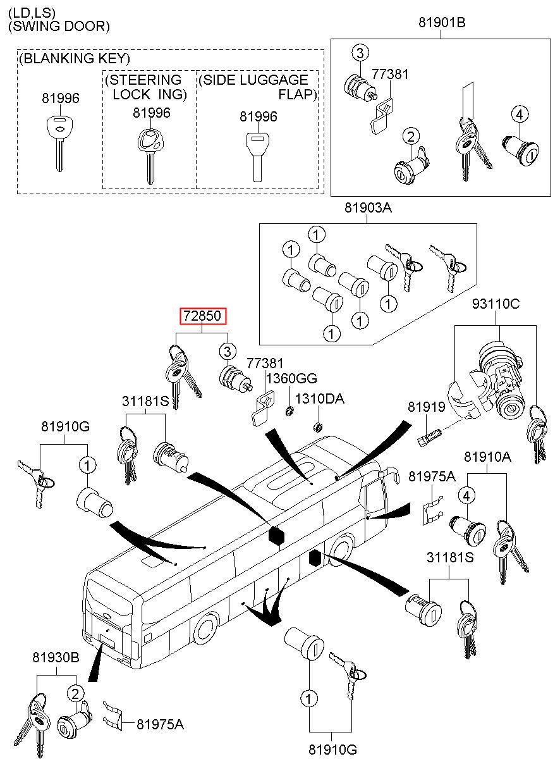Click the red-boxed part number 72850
pyautogui.click(x=203, y=316)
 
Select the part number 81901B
pyautogui.click(x=442, y=23)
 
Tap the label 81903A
pyautogui.click(x=368, y=207)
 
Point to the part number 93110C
pyautogui.click(x=496, y=304)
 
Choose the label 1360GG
pyautogui.click(x=291, y=378)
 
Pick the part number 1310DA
pyautogui.click(x=319, y=398)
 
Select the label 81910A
pyautogui.click(x=487, y=457)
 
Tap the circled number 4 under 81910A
pyautogui.click(x=466, y=495)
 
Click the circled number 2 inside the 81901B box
pyautogui.click(x=411, y=137)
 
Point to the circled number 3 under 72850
pyautogui.click(x=228, y=351)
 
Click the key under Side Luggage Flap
pyautogui.click(x=258, y=157)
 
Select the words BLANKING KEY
pyautogui.click(x=74, y=58)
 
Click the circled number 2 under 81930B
pyautogui.click(x=75, y=693)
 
